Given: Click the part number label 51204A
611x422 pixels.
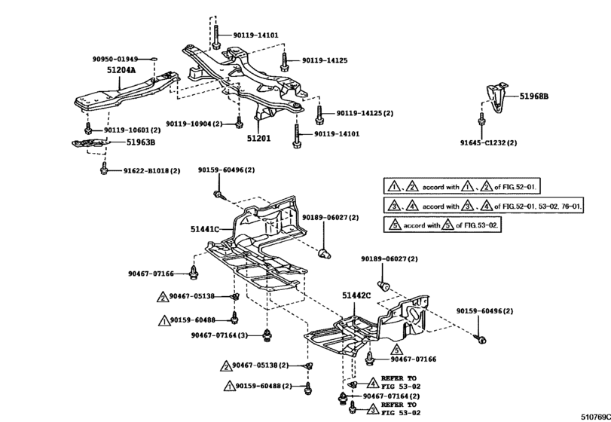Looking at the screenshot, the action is pos(121,70).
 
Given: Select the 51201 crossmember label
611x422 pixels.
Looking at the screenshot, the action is pos(258,139).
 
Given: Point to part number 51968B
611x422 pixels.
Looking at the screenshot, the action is pos(534,96).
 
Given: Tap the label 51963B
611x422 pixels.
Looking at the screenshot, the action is pos(141,142).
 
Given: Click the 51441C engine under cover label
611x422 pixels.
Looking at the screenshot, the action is pos(205,229).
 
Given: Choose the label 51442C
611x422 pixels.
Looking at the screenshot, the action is pos(356,295).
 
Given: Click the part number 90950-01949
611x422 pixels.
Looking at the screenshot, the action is pos(115,60).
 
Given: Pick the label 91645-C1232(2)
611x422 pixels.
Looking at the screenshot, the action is pos(489,142).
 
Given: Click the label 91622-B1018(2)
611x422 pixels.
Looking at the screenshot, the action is pos(152,170).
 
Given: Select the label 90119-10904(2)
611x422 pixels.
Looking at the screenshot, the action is pos(194,124).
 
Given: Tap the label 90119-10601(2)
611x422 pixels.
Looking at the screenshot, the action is pos(132,130).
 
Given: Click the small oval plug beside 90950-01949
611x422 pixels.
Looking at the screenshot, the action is pos(154,60).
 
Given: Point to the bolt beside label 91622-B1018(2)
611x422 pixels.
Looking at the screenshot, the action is pos(104,169).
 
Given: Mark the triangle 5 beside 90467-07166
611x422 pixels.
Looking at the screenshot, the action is pos(396,349).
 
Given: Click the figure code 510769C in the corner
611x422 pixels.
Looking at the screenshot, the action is pos(596,417).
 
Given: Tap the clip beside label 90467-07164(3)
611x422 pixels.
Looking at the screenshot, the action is pos(267,335).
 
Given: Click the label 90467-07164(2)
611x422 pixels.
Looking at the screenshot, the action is pos(391,396).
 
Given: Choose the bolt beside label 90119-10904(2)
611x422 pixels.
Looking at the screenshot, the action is pos(239,121).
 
